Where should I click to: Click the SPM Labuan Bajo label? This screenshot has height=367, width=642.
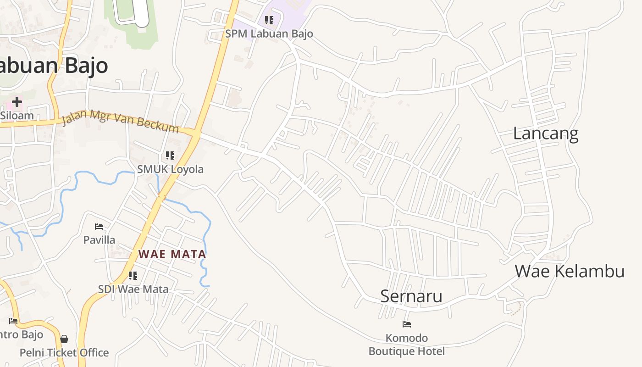coord(269,33)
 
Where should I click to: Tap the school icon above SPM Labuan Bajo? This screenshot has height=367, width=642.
coord(269,20)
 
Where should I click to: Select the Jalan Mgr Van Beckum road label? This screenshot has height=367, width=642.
coord(120,121)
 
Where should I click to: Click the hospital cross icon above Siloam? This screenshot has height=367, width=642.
coord(17,101)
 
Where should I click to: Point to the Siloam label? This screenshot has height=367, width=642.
coord(17,115)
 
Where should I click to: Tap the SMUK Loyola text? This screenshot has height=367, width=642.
coord(170,169)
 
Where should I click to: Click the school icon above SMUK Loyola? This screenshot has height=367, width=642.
coord(170,156)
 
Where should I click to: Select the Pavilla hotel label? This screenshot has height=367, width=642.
coord(99,240)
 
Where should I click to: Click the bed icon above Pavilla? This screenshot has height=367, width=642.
coord(99,226)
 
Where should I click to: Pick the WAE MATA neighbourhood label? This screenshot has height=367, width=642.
coord(172,254)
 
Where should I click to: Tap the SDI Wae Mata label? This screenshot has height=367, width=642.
coord(133,289)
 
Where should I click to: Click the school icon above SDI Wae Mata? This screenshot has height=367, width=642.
coord(133,276)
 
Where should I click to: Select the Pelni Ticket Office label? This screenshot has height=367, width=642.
coord(64,353)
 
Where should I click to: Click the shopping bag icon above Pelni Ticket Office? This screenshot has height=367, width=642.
coord(64,339)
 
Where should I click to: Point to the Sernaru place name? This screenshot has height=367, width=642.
coord(411,296)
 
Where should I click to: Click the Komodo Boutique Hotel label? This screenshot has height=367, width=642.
coord(407,345)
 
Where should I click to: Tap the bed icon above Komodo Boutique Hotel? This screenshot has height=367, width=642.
coord(407,324)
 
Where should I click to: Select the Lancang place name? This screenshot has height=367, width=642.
coord(546,133)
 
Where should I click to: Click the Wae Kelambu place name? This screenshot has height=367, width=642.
coord(570,271)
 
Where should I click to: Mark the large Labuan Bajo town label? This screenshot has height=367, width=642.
coord(53,66)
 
